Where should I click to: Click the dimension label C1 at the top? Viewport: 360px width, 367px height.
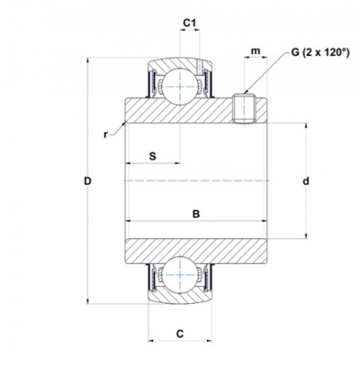tap(189, 23)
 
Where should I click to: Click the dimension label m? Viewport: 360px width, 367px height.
tap(254, 52)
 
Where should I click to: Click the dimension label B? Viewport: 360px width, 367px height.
tap(195, 215)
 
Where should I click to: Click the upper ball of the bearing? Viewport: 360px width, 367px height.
tap(178, 83)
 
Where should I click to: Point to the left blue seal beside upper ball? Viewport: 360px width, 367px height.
tap(151, 82)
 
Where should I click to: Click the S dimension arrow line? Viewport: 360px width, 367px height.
tap(152, 164)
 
